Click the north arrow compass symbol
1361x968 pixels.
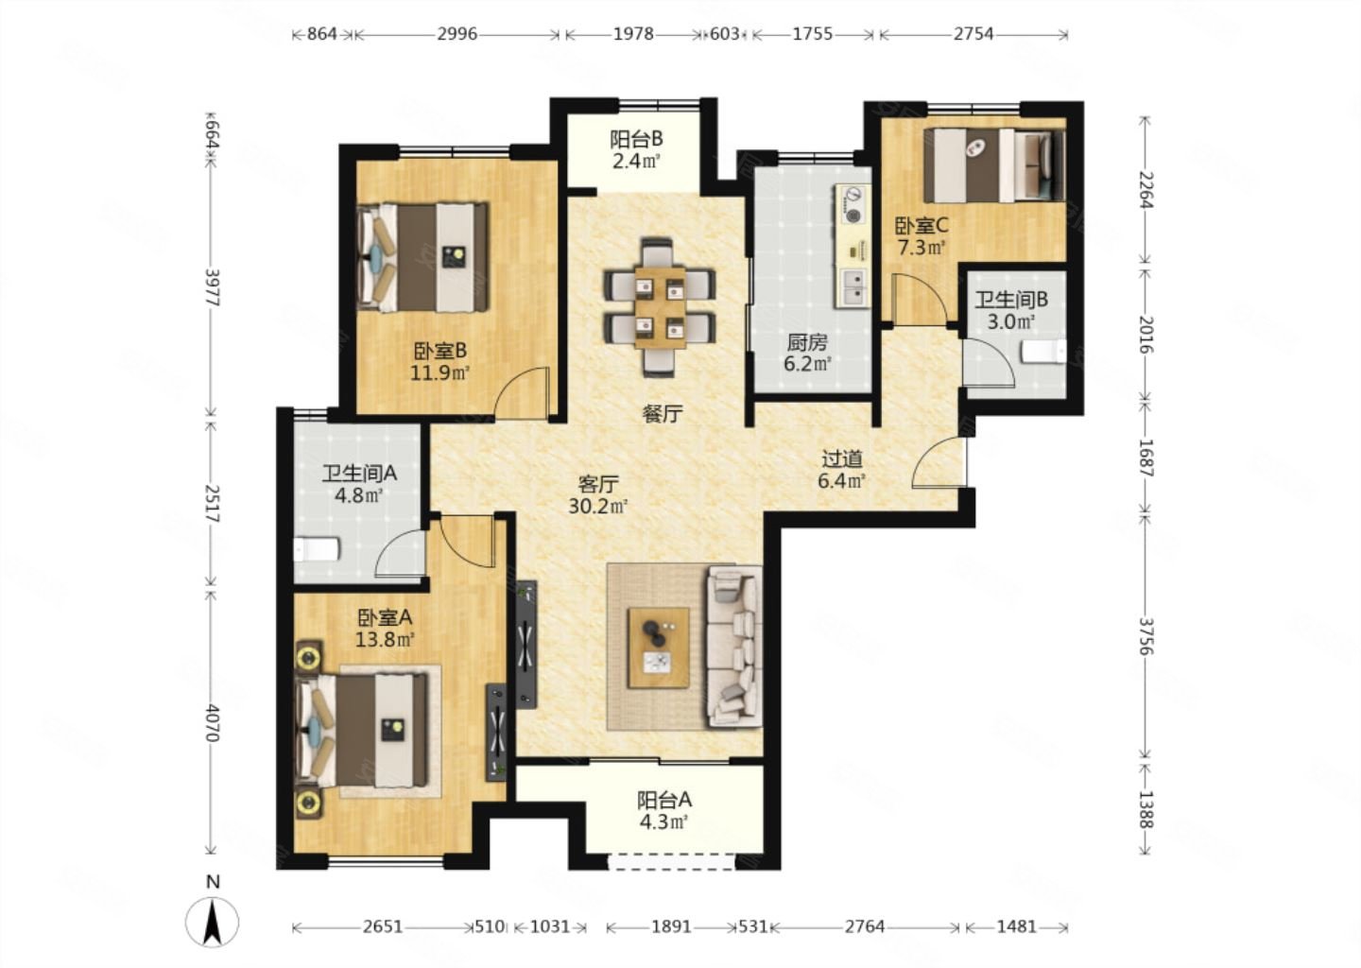coord(212,922)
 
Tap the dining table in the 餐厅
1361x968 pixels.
coord(660,307)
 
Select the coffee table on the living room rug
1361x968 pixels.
coord(659,648)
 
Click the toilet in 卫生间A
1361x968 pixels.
coord(316,549)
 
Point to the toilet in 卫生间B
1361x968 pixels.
coord(1043,352)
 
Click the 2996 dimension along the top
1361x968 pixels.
coord(457,34)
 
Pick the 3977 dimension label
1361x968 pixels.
coord(212,287)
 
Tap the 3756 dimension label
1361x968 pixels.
coord(1146,636)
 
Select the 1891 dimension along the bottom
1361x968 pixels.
coord(671,926)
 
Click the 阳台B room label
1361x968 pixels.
coord(636,140)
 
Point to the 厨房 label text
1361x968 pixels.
coord(807,343)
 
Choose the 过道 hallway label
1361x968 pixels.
coord(841,458)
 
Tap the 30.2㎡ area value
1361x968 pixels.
coord(598,506)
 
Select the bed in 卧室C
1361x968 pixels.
coord(994,164)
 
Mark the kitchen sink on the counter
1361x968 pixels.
coord(854,287)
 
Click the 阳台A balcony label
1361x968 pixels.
coord(664,801)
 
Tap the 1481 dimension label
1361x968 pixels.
coord(1017,926)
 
